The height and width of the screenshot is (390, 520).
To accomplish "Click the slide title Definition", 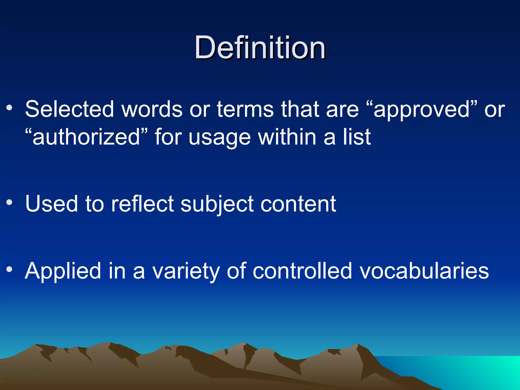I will (x=260, y=47).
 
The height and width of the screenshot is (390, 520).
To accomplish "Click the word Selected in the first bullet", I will (x=69, y=109).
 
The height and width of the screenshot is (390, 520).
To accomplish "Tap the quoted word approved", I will (x=422, y=109).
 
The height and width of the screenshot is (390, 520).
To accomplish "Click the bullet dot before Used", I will (x=9, y=202).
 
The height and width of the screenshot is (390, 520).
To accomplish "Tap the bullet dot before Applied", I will (x=9, y=269).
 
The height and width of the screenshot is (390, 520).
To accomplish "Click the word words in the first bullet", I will (x=152, y=109).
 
